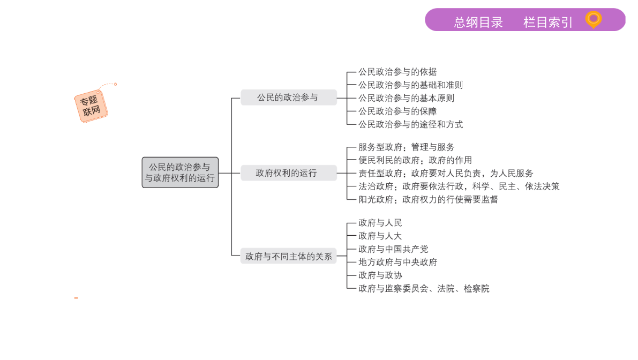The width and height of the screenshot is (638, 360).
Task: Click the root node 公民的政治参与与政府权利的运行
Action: pyautogui.click(x=180, y=172)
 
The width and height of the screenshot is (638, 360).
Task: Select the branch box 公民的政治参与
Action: pyautogui.click(x=289, y=97)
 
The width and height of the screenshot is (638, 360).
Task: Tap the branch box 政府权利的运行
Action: pyautogui.click(x=289, y=173)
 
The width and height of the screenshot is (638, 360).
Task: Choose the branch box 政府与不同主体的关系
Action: pyautogui.click(x=289, y=256)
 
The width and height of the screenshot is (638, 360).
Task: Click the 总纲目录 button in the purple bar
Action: pyautogui.click(x=478, y=22)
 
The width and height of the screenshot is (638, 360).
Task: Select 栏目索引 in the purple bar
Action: pyautogui.click(x=547, y=22)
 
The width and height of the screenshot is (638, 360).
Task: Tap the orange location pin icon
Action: pyautogui.click(x=593, y=19)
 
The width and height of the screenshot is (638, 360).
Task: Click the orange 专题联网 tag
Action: pyautogui.click(x=91, y=106)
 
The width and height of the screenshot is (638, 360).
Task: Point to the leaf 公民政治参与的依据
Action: pyautogui.click(x=397, y=72)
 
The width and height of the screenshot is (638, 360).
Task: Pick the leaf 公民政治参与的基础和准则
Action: pyautogui.click(x=410, y=85)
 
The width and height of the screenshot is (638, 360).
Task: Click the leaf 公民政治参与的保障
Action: pyautogui.click(x=397, y=111)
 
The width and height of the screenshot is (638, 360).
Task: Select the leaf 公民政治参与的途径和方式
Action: pyautogui.click(x=410, y=124)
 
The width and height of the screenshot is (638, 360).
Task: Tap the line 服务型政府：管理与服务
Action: pyautogui.click(x=407, y=147)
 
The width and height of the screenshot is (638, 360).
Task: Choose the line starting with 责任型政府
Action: pyautogui.click(x=446, y=173)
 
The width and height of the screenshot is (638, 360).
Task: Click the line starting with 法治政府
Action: pyautogui.click(x=459, y=186)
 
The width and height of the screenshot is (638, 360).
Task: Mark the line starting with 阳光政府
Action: pyautogui.click(x=428, y=199)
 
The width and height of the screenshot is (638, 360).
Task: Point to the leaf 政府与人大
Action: pyautogui.click(x=380, y=236)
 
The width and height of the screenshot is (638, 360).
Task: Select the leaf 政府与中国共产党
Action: pyautogui.click(x=393, y=249)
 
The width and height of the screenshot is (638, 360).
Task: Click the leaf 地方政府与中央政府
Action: pyautogui.click(x=397, y=262)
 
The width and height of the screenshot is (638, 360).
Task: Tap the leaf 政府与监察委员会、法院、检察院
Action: pyautogui.click(x=424, y=288)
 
